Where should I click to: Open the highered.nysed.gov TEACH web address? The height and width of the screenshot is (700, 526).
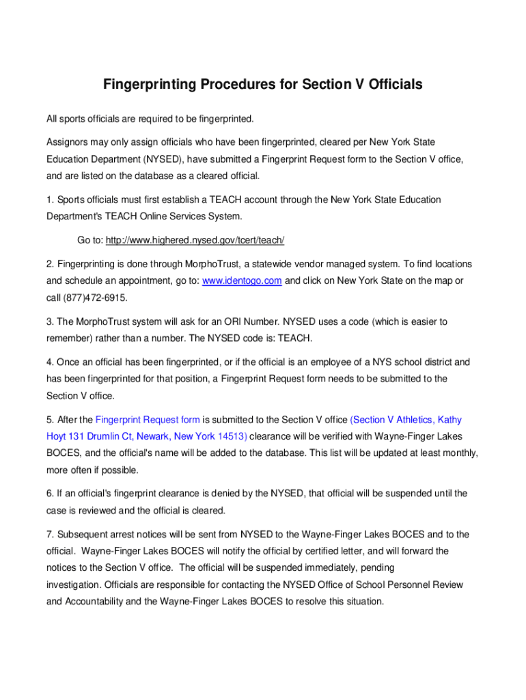195,241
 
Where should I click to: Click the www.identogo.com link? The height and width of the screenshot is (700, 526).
242,281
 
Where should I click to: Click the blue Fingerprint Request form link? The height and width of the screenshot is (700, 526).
148,420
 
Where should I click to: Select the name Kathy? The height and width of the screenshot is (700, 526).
449,420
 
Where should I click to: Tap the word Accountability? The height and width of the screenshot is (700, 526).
102,602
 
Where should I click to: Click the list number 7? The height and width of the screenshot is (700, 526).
50,535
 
